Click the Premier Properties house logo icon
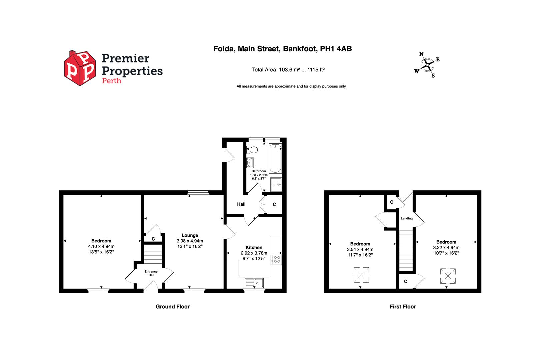80,68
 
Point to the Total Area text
288,70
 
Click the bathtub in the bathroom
275,158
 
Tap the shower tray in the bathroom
276,184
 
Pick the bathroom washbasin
250,163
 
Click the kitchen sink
254,283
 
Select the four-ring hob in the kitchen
276,259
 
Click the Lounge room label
190,235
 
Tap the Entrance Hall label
151,273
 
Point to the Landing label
407,219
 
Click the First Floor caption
403,307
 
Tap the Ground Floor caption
173,307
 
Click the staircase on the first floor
406,251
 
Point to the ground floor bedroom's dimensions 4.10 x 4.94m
101,246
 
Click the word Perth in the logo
111,81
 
